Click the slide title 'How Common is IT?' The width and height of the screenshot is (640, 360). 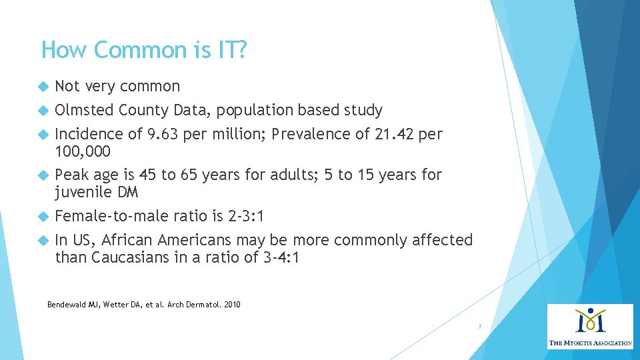[144, 50]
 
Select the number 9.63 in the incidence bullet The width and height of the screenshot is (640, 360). [164, 134]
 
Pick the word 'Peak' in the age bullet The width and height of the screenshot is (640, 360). [71, 175]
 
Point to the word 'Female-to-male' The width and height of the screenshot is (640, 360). [111, 217]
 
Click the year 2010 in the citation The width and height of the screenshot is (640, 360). [231, 305]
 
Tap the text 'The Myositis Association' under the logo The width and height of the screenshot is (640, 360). [590, 343]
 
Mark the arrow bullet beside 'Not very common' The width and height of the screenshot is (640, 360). [43, 87]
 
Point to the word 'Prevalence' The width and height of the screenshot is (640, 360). [307, 134]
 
